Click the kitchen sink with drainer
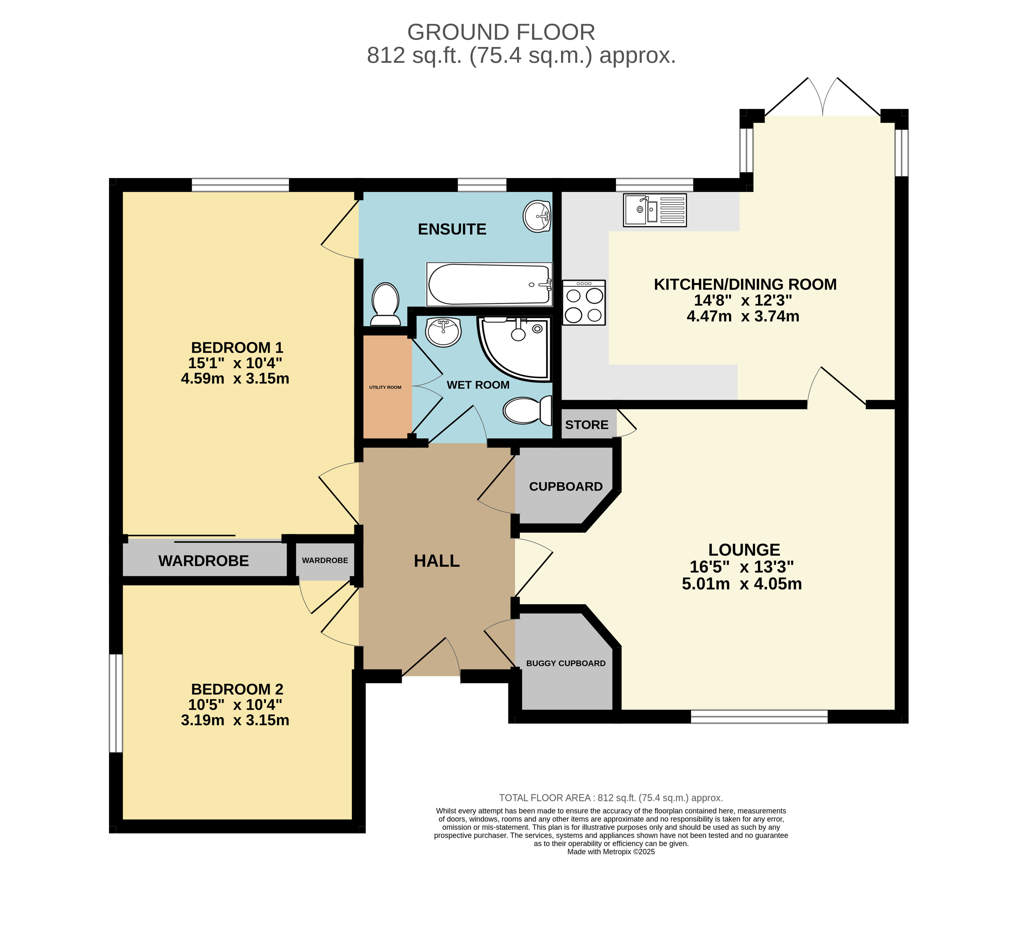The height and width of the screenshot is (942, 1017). (654, 210)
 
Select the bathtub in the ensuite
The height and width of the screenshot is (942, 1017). (489, 285)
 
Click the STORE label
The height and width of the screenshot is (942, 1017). (587, 425)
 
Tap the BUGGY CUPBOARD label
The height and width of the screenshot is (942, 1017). (566, 663)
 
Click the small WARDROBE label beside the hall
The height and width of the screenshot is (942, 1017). (325, 560)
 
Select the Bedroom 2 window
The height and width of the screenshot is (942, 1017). (116, 703)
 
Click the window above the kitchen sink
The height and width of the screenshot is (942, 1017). (654, 185)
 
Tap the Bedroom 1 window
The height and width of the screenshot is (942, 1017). (240, 185)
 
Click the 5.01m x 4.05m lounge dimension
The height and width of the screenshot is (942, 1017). (742, 584)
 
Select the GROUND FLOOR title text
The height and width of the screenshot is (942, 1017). (501, 32)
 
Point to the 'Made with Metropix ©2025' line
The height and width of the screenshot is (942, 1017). (611, 851)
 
